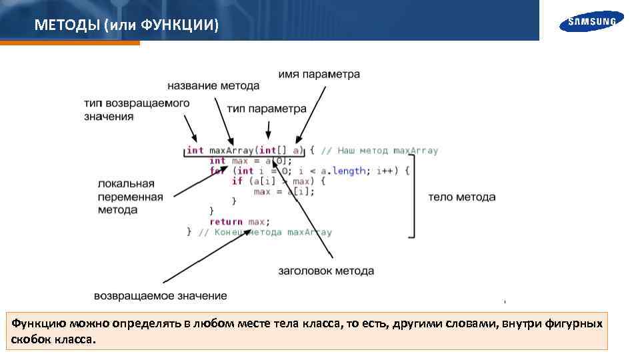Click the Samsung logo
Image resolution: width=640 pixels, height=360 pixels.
[x=592, y=21]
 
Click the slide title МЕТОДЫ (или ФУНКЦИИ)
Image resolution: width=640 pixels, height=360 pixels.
[x=126, y=25]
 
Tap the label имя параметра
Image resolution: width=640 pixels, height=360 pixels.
[x=319, y=75]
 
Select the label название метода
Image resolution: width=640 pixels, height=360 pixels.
[x=213, y=86]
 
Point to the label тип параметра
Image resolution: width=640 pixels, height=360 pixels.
[x=266, y=109]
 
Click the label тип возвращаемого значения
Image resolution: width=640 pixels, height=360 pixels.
[x=136, y=110]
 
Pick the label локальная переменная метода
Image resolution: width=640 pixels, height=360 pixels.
[x=130, y=197]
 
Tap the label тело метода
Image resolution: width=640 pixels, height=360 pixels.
[x=461, y=197]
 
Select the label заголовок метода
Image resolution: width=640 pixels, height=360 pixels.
[x=325, y=271]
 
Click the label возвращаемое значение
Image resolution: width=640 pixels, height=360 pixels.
[x=160, y=296]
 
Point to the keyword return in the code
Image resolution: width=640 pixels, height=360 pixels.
[x=226, y=222]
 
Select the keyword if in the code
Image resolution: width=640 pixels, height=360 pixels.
[x=237, y=181]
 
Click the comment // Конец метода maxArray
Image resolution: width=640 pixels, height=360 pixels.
[x=264, y=233]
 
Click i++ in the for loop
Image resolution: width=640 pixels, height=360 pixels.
[x=385, y=171]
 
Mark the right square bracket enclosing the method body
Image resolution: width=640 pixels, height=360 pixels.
[x=412, y=196]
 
